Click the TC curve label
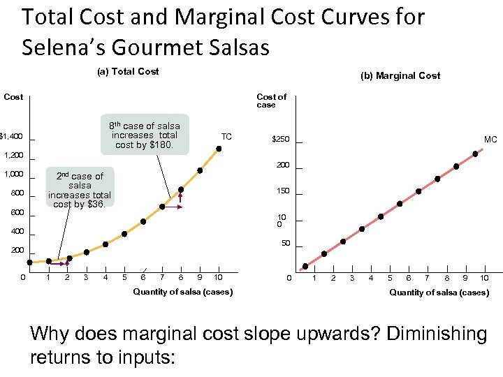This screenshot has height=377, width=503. click(x=226, y=136)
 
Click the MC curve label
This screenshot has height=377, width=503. click(x=490, y=140)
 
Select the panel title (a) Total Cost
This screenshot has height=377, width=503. click(x=127, y=71)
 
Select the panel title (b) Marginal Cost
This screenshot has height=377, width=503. click(x=400, y=75)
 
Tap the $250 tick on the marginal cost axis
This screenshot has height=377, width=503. click(x=280, y=140)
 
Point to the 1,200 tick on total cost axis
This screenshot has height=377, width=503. click(x=14, y=155)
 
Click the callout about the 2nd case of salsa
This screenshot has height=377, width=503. click(x=80, y=190)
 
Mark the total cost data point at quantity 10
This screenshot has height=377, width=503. click(x=219, y=149)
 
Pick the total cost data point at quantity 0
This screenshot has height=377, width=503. click(x=30, y=263)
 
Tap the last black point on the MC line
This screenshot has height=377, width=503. click(x=475, y=154)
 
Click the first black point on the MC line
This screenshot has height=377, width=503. click(x=305, y=266)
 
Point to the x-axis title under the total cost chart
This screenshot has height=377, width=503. click(x=183, y=291)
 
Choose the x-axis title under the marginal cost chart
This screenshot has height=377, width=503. click(x=439, y=293)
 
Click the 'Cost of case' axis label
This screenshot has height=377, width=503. click(x=271, y=101)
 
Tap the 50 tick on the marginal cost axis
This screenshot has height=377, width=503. click(x=285, y=244)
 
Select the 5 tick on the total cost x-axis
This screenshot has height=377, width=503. click(x=124, y=278)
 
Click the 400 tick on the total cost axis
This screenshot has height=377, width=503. click(x=17, y=231)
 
